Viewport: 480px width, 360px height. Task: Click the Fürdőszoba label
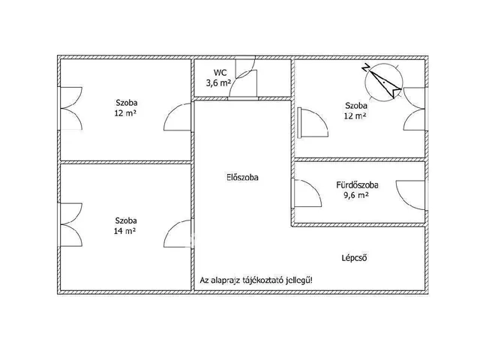click(357, 184)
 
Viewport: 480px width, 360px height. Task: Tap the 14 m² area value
click(125, 231)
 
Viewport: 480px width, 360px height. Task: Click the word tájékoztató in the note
click(259, 281)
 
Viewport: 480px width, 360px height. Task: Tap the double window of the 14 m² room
click(69, 225)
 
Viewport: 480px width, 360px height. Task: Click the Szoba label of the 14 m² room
click(126, 220)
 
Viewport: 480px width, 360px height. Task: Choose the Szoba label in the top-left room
click(127, 103)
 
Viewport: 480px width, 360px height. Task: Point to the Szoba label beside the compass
click(355, 106)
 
